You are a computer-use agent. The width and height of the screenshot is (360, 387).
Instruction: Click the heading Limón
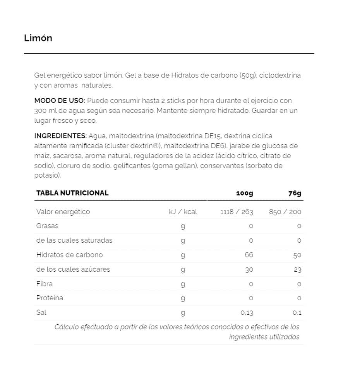(38, 38)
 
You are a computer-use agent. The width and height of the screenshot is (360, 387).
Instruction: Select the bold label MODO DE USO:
(60, 101)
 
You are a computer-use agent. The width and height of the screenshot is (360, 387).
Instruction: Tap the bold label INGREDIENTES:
(60, 136)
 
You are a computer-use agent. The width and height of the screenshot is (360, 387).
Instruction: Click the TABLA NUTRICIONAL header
(72, 193)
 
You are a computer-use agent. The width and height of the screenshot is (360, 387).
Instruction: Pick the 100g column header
(245, 193)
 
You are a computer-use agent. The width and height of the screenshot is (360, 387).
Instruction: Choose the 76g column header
(295, 193)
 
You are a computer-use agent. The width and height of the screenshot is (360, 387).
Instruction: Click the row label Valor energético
(63, 212)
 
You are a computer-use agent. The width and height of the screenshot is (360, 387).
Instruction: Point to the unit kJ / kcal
(183, 212)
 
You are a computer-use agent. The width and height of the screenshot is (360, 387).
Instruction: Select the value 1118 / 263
(237, 212)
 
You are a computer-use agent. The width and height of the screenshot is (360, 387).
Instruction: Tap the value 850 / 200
(285, 212)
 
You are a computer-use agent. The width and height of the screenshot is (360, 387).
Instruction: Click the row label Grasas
(47, 226)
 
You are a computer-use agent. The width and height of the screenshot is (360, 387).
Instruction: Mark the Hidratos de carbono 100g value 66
(249, 255)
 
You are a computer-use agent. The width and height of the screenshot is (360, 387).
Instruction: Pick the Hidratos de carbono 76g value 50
(297, 255)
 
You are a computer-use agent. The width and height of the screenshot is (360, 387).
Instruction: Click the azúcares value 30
(249, 269)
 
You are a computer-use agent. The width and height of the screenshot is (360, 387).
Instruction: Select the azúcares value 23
(297, 269)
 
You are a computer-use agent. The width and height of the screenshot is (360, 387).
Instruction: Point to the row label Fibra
(45, 284)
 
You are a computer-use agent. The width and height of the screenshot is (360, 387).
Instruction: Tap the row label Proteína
(50, 298)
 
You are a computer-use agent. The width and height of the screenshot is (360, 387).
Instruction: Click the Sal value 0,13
(247, 313)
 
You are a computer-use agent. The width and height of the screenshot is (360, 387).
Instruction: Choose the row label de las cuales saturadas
(74, 240)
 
